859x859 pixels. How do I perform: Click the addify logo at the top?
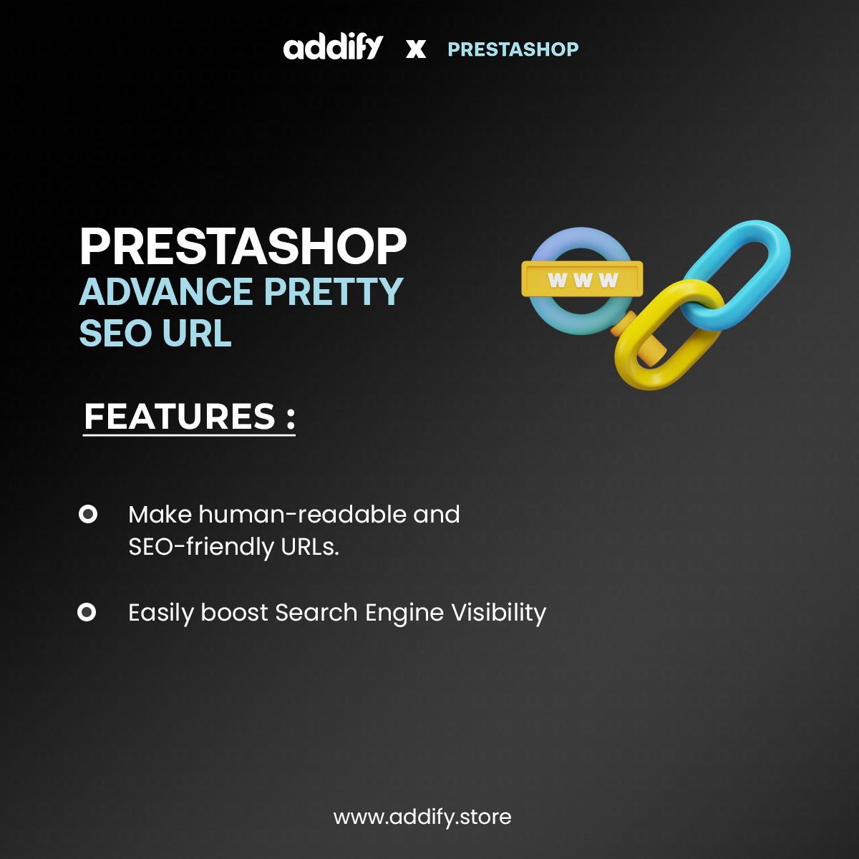pyautogui.click(x=333, y=48)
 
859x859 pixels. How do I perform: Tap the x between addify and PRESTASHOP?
pyautogui.click(x=415, y=49)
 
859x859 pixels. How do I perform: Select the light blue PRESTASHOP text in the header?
pyautogui.click(x=513, y=49)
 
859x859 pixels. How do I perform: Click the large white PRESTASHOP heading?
pyautogui.click(x=243, y=247)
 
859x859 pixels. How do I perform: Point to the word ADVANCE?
pyautogui.click(x=165, y=292)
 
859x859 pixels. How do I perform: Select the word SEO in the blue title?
pyautogui.click(x=115, y=334)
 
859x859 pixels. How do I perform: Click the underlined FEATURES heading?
pyautogui.click(x=189, y=417)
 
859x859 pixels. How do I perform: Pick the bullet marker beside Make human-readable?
pyautogui.click(x=87, y=514)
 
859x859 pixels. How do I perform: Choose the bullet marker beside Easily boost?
pyautogui.click(x=87, y=612)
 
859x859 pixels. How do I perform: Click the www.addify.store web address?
pyautogui.click(x=422, y=817)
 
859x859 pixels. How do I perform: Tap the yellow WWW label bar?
pyautogui.click(x=582, y=279)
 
